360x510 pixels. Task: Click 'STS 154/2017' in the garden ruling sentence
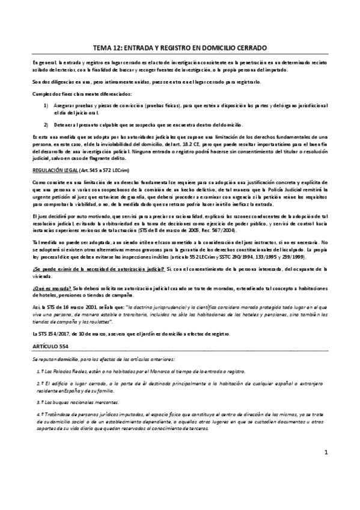coord(55,334)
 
